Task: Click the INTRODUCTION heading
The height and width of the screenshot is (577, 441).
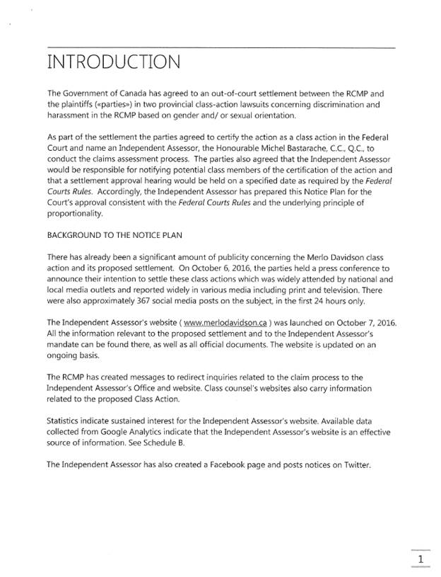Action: pos(113,64)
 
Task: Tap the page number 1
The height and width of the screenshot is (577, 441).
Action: pos(421,561)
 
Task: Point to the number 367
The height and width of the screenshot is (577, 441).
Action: pos(162,299)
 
